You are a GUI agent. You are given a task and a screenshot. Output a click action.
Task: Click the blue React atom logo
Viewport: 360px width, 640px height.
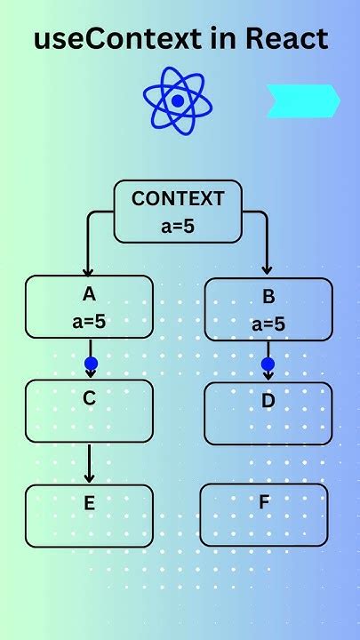coord(178,101)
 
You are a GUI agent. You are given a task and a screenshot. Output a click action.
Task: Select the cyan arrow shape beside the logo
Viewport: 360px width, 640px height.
coord(302,100)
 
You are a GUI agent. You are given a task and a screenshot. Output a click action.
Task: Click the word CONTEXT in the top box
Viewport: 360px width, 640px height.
coord(178,199)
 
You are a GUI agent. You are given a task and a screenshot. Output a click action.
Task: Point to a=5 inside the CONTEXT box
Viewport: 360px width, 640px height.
coord(178,227)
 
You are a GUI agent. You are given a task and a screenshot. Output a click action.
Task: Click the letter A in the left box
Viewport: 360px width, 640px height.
coord(89,294)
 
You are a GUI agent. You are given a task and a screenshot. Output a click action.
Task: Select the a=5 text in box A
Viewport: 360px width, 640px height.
coord(89,322)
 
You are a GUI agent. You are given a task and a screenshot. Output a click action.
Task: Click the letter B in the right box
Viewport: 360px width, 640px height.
coord(268,297)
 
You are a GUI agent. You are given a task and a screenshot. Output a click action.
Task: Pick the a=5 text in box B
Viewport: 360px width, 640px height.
coord(268,324)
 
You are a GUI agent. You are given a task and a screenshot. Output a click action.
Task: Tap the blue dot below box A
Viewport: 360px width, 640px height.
coord(90,363)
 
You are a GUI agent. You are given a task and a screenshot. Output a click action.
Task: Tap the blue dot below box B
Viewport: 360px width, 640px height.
coord(268,364)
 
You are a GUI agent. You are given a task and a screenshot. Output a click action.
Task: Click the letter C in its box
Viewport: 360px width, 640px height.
coord(89,398)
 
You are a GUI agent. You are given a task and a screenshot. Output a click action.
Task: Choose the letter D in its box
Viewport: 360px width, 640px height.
coord(268,401)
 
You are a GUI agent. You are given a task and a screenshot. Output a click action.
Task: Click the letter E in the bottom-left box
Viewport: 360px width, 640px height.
coord(89,503)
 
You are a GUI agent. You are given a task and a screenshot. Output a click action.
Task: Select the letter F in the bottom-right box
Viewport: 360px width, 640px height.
coord(264,501)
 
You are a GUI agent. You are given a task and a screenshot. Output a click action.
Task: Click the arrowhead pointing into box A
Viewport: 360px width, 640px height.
coord(87,270)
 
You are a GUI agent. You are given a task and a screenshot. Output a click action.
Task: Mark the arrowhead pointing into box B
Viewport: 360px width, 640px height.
coord(267,269)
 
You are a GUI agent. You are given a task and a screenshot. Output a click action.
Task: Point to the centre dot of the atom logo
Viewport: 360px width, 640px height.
coord(178,101)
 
